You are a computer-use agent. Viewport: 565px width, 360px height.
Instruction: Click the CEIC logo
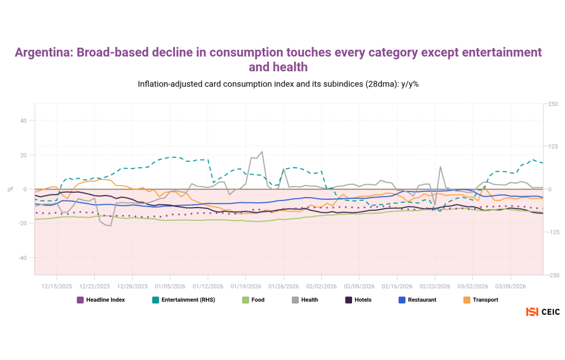[543, 312]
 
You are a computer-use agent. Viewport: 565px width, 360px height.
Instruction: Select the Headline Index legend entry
[105, 300]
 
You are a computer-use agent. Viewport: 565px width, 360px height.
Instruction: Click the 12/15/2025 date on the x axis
[57, 287]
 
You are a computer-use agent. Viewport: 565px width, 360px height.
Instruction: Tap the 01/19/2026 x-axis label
[246, 287]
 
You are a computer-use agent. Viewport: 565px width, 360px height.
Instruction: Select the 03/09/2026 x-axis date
[510, 287]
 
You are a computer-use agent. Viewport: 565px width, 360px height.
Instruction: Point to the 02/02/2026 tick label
[322, 287]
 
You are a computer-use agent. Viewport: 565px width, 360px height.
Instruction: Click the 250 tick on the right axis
[552, 103]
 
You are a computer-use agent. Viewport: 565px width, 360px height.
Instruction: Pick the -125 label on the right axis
[553, 232]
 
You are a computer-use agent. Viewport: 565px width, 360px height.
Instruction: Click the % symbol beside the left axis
[10, 189]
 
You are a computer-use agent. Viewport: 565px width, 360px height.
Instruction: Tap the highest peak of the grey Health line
[262, 152]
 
